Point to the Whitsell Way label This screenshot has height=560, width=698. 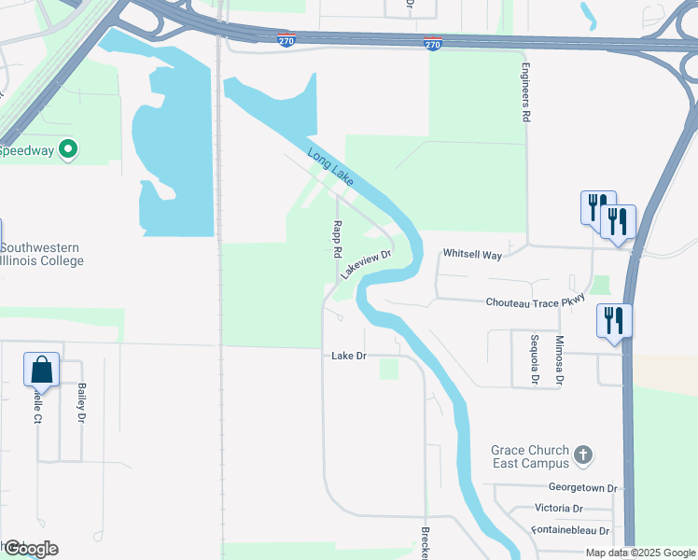[472, 254]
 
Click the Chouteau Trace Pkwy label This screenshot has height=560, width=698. [536, 301]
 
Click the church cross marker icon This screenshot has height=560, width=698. [582, 455]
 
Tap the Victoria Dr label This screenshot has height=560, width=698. [559, 509]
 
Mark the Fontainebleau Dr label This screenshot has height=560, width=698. [570, 530]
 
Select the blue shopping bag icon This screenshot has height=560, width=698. [42, 371]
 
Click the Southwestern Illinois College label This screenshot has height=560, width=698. [42, 254]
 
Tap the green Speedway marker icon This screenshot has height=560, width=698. [68, 149]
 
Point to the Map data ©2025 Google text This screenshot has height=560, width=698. [640, 553]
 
